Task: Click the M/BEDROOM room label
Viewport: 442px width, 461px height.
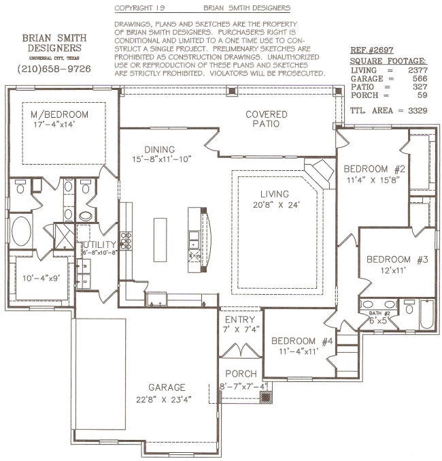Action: [59, 114]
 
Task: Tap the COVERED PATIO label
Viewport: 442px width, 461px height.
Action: [267, 118]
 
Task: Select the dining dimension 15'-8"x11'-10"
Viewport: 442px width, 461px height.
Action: [162, 159]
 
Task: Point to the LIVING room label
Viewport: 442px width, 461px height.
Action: [275, 194]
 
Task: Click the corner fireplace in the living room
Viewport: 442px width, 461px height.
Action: [320, 174]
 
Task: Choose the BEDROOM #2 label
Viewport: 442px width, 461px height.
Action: [374, 169]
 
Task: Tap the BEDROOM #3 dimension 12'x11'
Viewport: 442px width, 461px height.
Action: [393, 270]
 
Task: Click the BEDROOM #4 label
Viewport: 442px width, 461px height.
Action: [302, 341]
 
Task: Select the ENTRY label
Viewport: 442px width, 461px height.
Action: [240, 319]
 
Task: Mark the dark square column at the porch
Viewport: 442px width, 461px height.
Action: [266, 397]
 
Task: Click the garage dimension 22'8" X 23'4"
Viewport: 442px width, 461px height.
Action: [164, 400]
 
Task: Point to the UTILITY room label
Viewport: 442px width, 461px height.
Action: [99, 244]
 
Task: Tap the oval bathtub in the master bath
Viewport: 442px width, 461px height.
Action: [21, 231]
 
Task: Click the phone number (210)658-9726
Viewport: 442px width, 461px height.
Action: [54, 69]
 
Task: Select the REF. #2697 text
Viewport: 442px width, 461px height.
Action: [371, 50]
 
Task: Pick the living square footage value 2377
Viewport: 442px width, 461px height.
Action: [418, 70]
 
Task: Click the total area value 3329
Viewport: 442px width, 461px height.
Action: [418, 110]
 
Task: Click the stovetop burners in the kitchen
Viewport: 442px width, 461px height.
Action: [126, 240]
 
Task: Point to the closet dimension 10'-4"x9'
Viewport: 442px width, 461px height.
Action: [41, 278]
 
